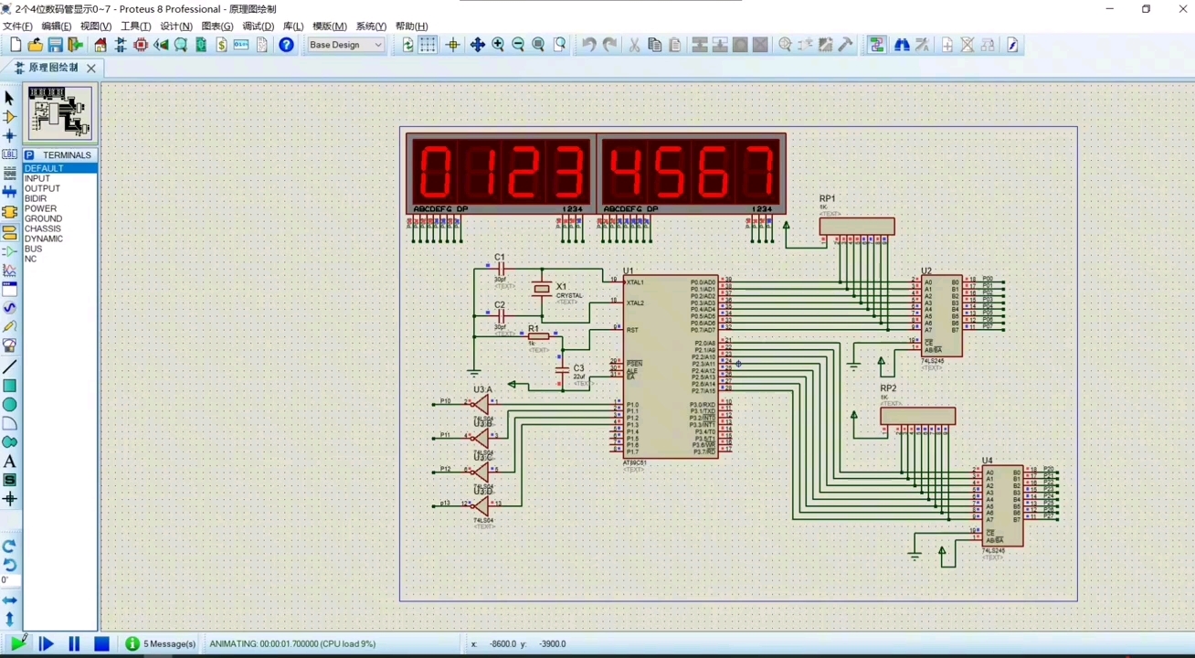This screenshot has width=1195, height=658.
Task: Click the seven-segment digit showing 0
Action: coord(436,172)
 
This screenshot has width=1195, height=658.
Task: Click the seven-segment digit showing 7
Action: coord(759,172)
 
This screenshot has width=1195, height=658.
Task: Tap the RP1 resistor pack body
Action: coord(856,226)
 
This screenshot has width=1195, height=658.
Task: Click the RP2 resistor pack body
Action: coord(917,417)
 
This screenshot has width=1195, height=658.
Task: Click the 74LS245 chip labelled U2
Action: coord(942,316)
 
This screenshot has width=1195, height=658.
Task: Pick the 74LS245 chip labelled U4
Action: coord(1002,505)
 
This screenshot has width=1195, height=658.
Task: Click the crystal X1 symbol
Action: coord(542,290)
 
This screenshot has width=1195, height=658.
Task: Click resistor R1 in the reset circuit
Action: coord(538,336)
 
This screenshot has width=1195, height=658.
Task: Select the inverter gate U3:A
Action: coord(481,403)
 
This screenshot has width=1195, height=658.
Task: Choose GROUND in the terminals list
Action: coord(44,219)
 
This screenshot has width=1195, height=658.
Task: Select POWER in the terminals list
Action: coord(40,209)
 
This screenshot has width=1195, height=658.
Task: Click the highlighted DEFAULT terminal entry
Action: coord(44,169)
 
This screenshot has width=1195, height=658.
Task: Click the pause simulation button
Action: coord(74,644)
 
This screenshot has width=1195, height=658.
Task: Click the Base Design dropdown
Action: coord(345,45)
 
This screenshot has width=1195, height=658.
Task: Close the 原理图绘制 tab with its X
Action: coord(91,69)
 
